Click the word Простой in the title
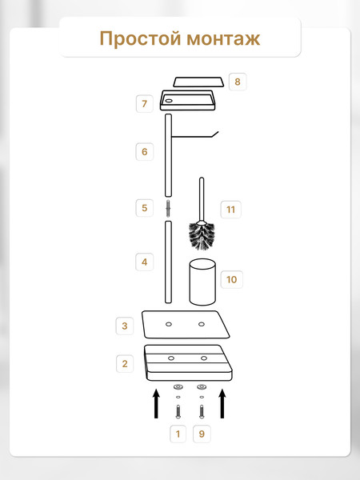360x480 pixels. [141, 39]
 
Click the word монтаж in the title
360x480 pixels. [223, 39]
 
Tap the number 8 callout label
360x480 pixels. [238, 82]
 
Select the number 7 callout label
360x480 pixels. [145, 104]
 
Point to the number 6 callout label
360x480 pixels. [145, 151]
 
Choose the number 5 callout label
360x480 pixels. [145, 208]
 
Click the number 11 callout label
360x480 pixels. [230, 210]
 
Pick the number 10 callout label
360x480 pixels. [231, 279]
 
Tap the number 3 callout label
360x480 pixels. [125, 326]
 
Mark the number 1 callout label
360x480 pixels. [178, 434]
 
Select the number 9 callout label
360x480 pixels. [202, 434]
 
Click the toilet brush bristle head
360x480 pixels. [202, 236]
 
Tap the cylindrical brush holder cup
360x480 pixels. [202, 282]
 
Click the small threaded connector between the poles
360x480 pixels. [168, 208]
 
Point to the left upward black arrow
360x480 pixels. [157, 403]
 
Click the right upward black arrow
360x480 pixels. [222, 403]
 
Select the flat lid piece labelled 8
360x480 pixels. [198, 82]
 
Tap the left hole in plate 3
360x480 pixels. [169, 324]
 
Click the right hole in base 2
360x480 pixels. [204, 358]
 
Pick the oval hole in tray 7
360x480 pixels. [169, 100]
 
